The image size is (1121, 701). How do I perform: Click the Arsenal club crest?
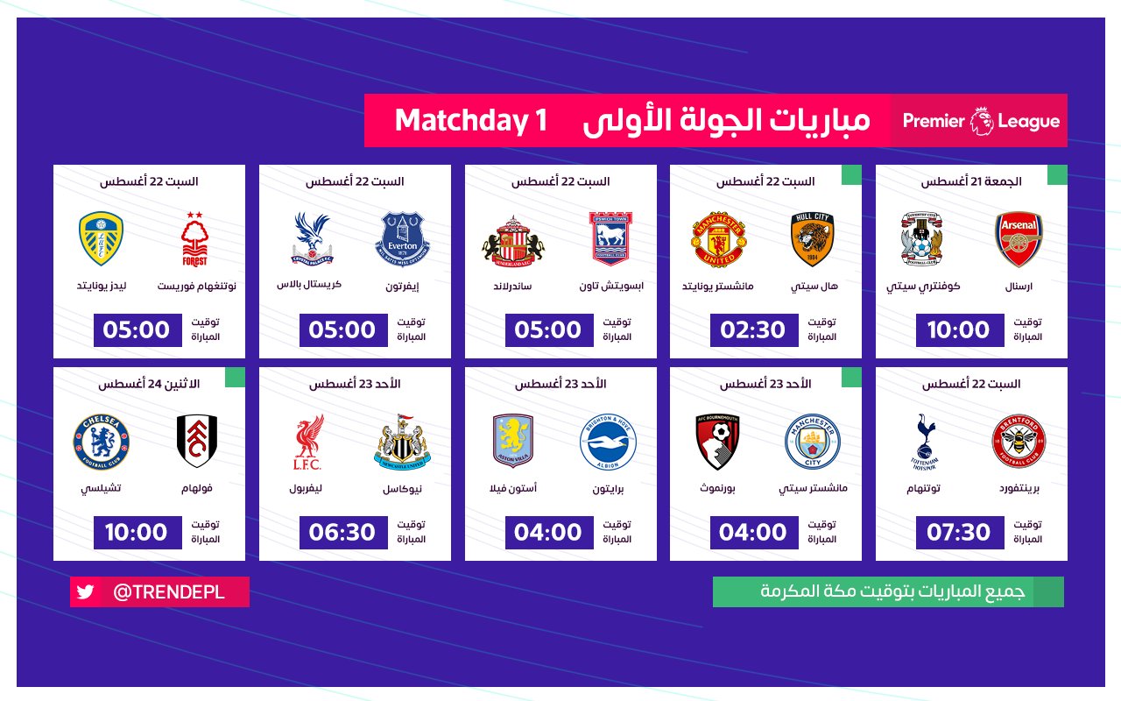(1019, 239)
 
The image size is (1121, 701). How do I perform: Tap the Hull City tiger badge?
(812, 239)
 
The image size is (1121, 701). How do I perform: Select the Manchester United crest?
(719, 239)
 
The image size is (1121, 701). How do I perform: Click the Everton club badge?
(402, 239)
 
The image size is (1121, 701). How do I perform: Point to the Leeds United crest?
(101, 238)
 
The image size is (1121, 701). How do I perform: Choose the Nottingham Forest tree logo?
(194, 239)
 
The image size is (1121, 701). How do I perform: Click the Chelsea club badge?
(101, 442)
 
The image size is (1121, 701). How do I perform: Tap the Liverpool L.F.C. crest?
(307, 442)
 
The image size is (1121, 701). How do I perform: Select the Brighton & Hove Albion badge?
(608, 442)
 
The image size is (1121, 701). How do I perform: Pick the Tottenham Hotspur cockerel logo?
(924, 442)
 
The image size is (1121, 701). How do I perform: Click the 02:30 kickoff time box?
(754, 330)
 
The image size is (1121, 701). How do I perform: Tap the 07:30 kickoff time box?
(960, 532)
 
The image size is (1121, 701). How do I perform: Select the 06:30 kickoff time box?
(343, 532)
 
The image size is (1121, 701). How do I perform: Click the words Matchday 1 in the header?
(471, 121)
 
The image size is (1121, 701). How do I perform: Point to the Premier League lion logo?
(982, 121)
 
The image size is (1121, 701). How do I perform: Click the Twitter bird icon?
(85, 591)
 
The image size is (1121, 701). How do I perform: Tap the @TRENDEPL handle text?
(169, 591)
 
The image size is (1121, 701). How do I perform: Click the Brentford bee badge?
(1019, 442)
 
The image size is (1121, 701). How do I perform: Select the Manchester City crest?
(812, 442)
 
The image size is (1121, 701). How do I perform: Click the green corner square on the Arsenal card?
(1057, 174)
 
